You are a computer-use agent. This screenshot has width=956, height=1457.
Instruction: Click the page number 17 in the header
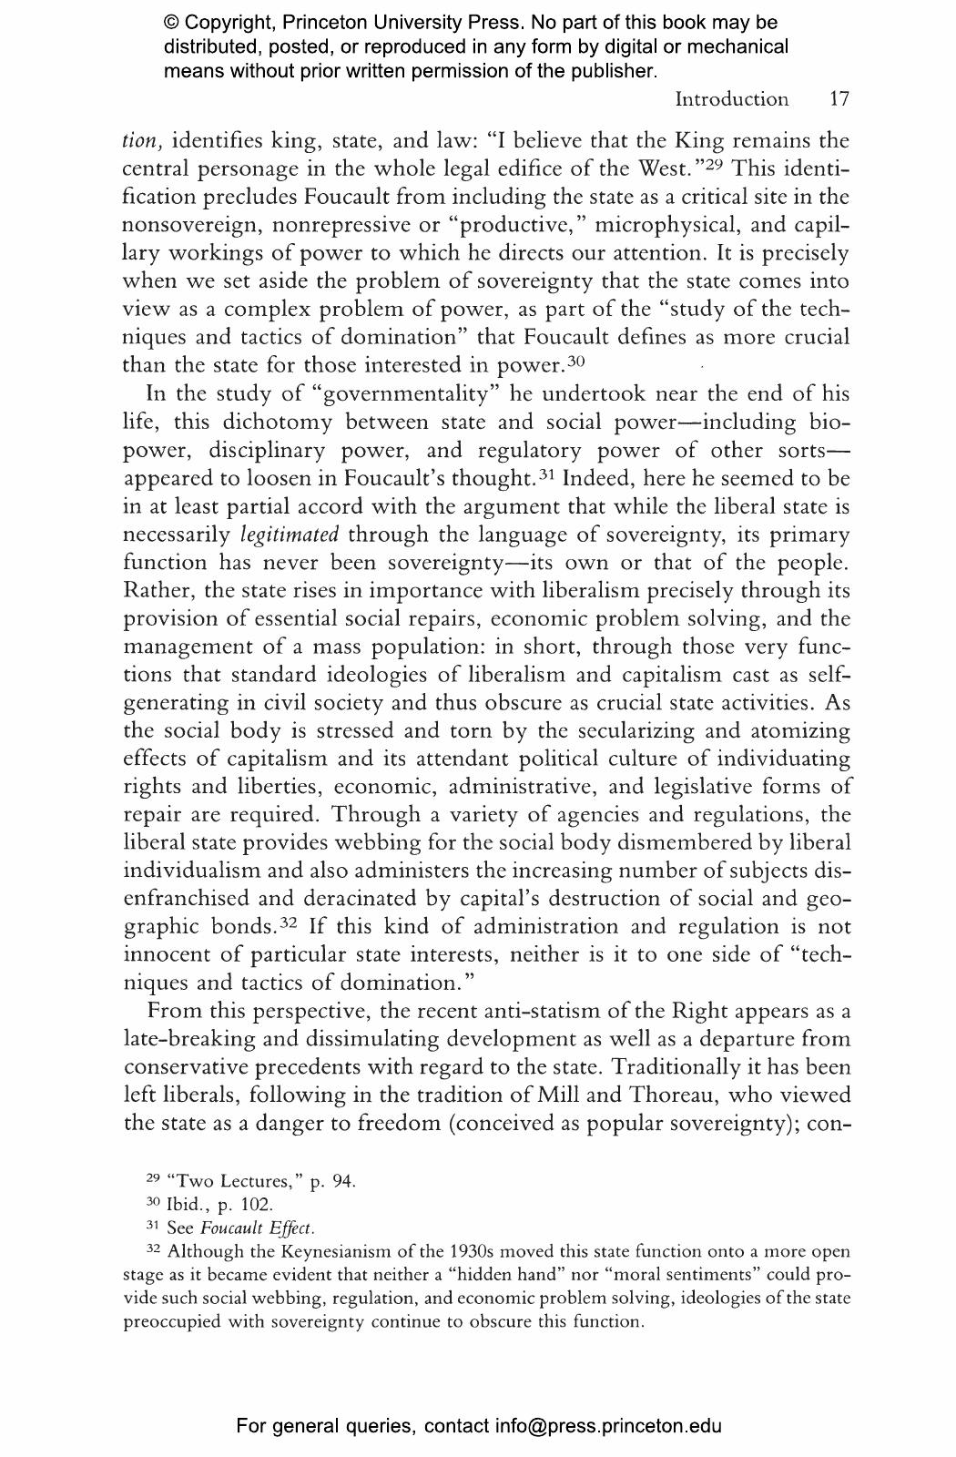point(839,99)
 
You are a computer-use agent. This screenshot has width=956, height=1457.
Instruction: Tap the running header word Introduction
point(731,99)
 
